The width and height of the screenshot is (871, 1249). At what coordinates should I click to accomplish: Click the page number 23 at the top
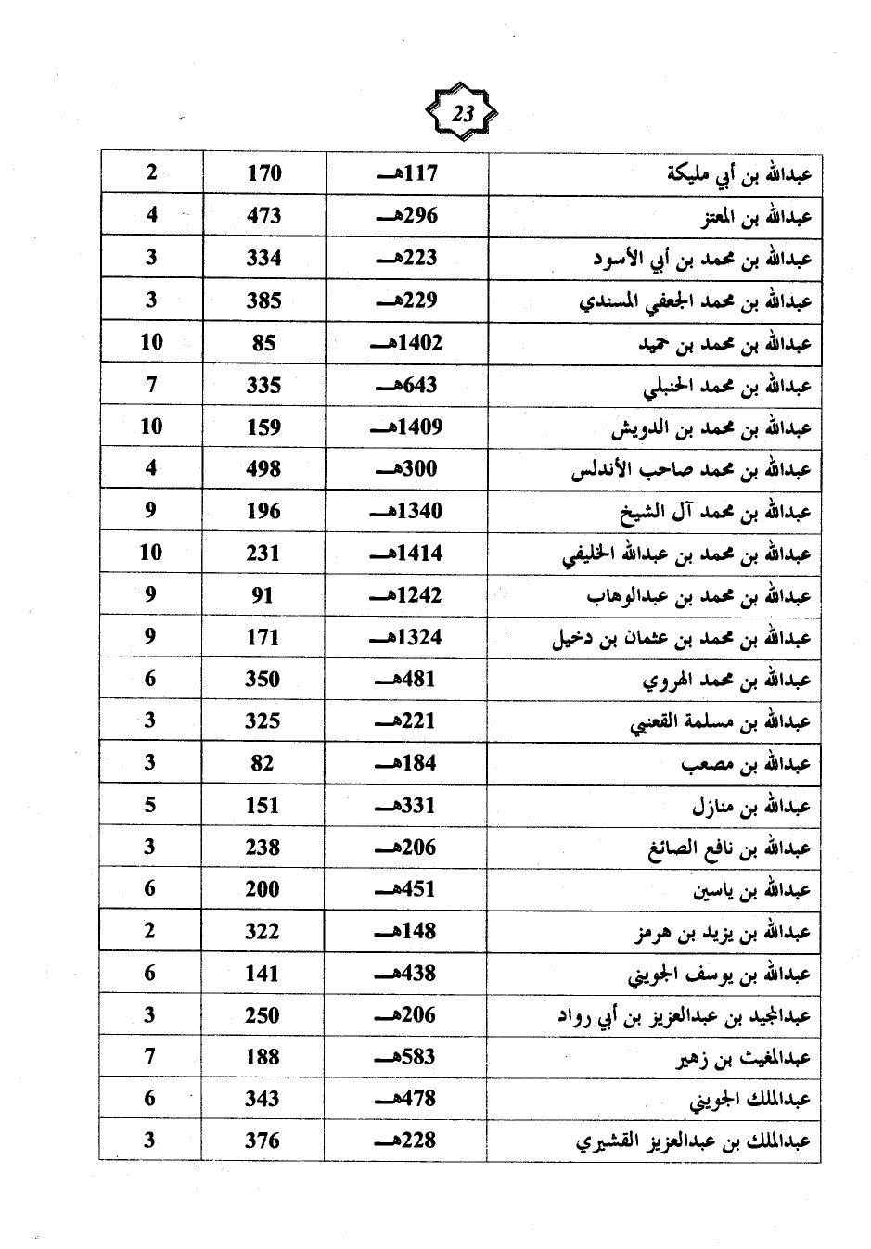(462, 115)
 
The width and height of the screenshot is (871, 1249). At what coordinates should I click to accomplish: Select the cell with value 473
(263, 216)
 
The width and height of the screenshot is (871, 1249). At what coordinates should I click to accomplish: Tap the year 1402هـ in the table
(406, 343)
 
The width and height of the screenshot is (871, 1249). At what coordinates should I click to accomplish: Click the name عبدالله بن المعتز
(756, 217)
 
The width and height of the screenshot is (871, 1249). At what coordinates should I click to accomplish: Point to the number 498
(263, 469)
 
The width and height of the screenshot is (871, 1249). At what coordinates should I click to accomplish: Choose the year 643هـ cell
(406, 385)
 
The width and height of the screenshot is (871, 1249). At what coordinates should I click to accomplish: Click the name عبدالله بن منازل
(750, 807)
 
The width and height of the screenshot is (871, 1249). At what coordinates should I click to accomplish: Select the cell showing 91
(263, 595)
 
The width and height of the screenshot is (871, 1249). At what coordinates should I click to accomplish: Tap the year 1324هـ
(406, 638)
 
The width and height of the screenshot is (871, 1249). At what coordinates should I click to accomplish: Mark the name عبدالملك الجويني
(750, 1101)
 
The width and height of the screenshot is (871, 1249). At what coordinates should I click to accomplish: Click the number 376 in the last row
(263, 1141)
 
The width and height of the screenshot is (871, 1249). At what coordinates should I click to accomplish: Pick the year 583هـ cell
(406, 1057)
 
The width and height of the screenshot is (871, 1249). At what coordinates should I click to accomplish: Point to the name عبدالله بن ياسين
(751, 891)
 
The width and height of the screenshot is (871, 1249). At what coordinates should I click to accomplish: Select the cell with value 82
(263, 763)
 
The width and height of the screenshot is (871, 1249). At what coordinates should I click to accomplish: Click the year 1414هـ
(406, 554)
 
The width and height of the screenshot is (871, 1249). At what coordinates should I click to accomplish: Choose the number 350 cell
(263, 679)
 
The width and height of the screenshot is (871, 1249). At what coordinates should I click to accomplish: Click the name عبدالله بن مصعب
(747, 765)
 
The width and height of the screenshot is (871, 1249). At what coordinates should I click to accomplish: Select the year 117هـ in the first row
(406, 173)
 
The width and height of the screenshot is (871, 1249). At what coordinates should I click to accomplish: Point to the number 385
(263, 300)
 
